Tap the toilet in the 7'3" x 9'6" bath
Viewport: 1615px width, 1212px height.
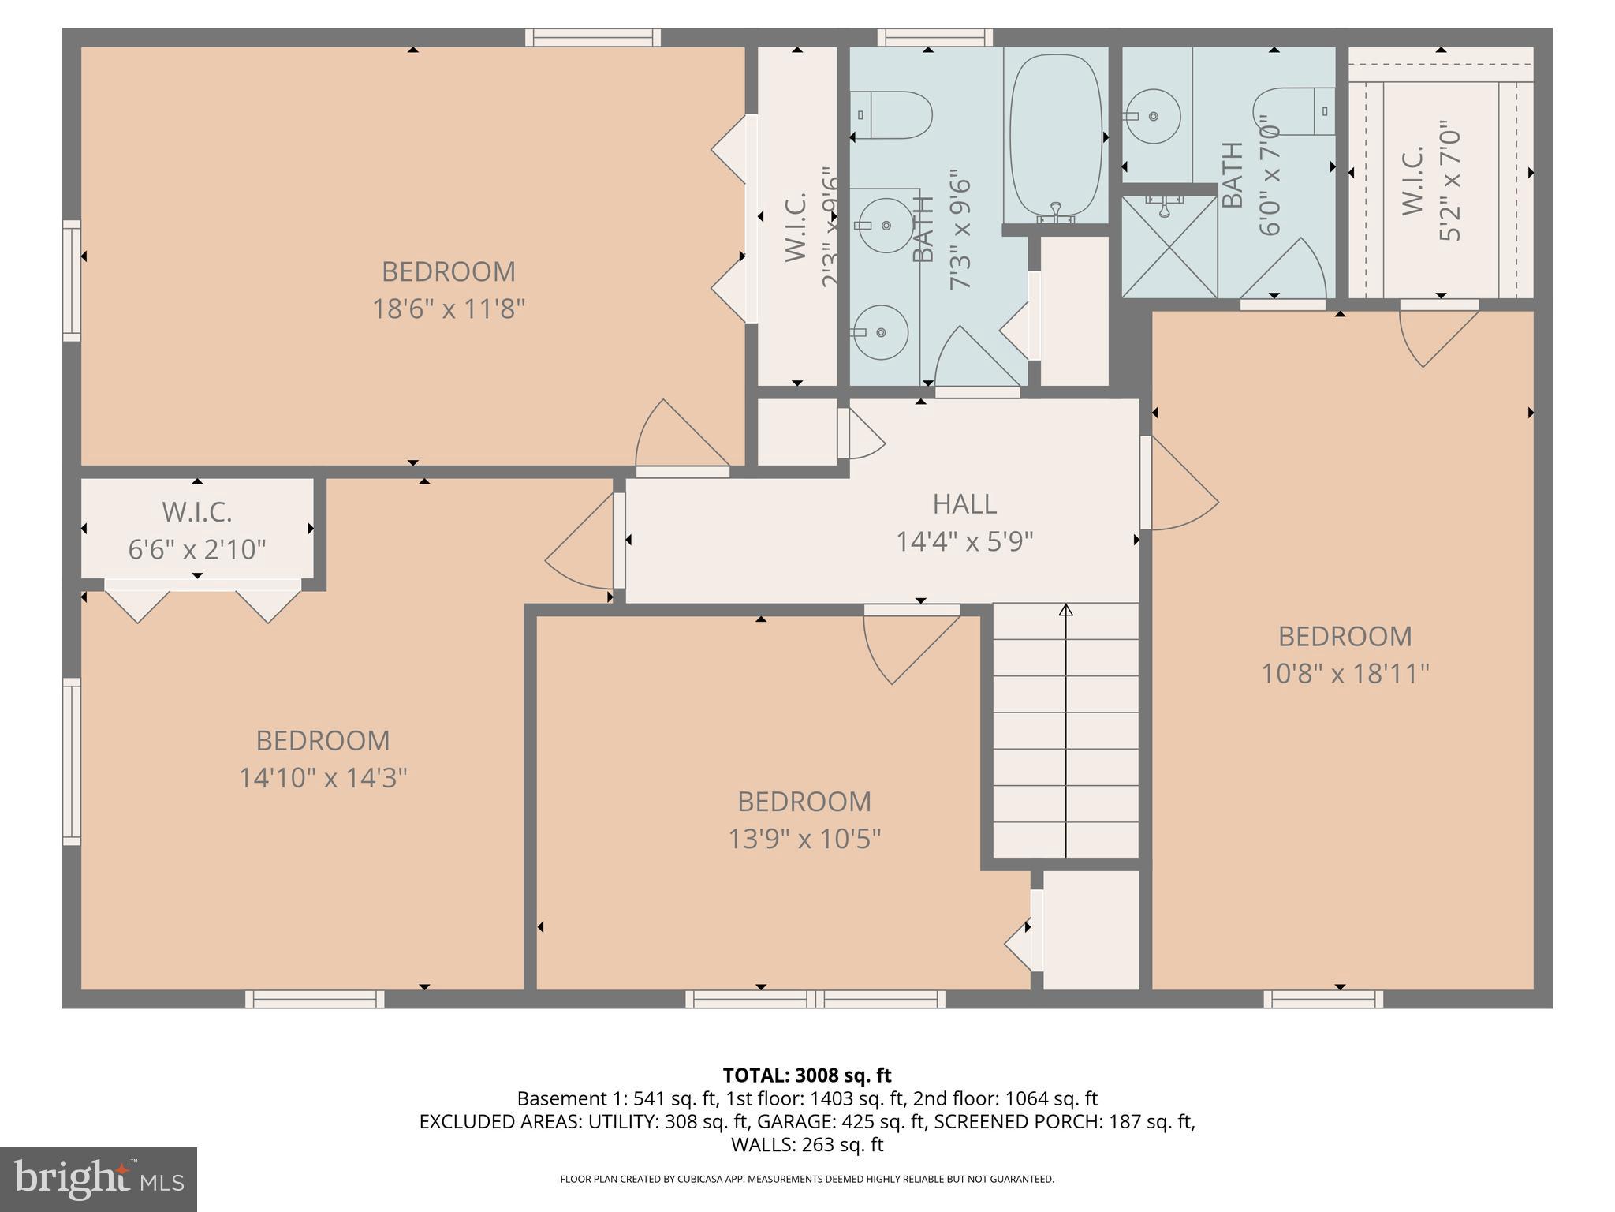click(x=895, y=115)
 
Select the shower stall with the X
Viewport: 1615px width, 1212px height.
click(x=1169, y=247)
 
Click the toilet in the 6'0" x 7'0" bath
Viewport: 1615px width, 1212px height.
click(x=1293, y=112)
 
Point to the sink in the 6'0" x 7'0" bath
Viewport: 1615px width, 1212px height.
click(x=1152, y=116)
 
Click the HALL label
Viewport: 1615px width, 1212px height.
click(x=964, y=503)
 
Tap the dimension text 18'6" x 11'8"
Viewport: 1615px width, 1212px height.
click(x=448, y=309)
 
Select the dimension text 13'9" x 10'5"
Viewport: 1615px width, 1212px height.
click(x=804, y=838)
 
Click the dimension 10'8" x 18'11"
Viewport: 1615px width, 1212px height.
click(x=1345, y=674)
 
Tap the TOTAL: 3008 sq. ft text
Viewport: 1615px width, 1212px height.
click(x=807, y=1075)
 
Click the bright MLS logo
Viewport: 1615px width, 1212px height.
click(x=99, y=1179)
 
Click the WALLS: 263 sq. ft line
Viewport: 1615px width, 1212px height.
click(x=807, y=1144)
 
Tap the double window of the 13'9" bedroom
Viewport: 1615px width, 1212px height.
click(x=815, y=999)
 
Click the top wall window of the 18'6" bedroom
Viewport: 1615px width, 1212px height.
click(x=593, y=37)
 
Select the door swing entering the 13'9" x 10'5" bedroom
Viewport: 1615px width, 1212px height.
click(x=907, y=643)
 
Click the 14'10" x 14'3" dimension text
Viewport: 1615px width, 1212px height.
click(x=323, y=778)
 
